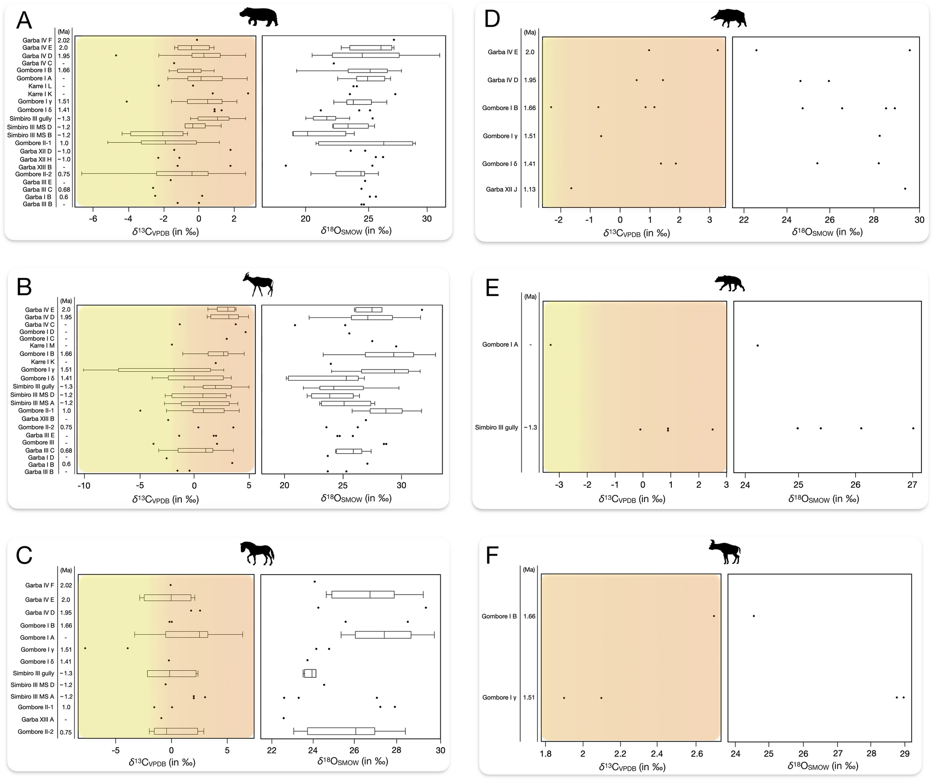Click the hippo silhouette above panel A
click(x=258, y=18)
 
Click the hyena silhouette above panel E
click(x=729, y=283)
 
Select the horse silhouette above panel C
click(x=257, y=553)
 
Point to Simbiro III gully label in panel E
click(x=496, y=427)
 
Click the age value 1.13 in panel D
click(x=529, y=189)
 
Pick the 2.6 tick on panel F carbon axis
click(x=696, y=754)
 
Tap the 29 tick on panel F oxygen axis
click(x=904, y=754)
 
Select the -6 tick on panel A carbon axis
click(x=93, y=218)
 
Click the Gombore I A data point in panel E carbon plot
click(x=550, y=345)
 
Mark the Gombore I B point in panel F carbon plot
click(x=714, y=616)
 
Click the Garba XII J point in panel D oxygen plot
click(x=905, y=189)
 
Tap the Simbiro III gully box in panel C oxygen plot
click(x=310, y=673)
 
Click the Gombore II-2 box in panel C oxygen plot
click(x=341, y=731)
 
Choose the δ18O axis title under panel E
click(x=823, y=499)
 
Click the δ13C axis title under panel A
click(x=165, y=232)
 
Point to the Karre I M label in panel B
click(x=42, y=345)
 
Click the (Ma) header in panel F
click(x=529, y=569)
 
